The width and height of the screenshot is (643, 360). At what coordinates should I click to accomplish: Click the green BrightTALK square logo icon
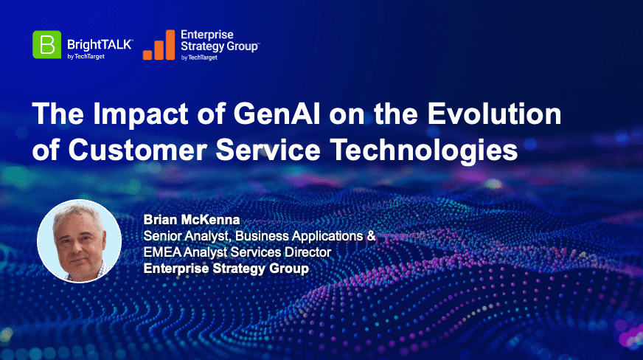(x=46, y=45)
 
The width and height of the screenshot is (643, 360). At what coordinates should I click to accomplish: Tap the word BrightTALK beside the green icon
(x=100, y=44)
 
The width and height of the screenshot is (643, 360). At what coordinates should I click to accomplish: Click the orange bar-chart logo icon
(x=159, y=45)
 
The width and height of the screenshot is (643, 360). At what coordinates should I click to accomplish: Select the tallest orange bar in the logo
(x=170, y=45)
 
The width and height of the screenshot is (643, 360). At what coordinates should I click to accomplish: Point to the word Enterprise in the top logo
(x=207, y=35)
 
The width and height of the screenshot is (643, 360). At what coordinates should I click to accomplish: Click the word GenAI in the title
(x=277, y=114)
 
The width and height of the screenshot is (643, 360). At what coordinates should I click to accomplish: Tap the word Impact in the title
(x=141, y=114)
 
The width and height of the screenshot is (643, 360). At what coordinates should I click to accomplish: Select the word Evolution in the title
(x=495, y=114)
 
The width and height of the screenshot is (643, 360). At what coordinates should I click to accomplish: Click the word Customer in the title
(x=137, y=150)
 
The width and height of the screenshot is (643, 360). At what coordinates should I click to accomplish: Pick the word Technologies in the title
(x=424, y=150)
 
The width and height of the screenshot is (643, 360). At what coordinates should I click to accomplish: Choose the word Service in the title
(x=268, y=150)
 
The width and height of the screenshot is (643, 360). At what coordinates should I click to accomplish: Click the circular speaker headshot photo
(x=79, y=241)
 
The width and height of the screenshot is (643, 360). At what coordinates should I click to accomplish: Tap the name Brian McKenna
(x=192, y=220)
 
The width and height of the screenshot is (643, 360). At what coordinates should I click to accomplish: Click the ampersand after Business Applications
(x=371, y=236)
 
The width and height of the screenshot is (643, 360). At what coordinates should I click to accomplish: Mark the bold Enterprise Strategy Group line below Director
(x=226, y=269)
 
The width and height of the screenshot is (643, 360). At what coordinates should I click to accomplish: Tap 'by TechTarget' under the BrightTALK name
(x=86, y=57)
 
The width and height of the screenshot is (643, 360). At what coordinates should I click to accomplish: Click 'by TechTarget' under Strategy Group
(x=199, y=58)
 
